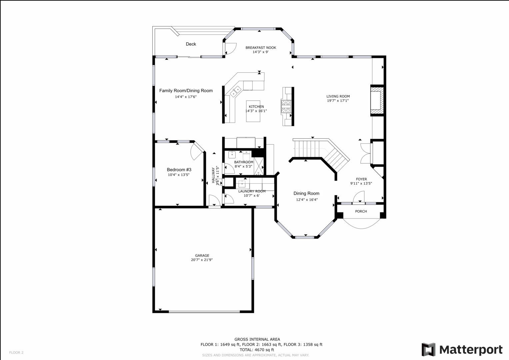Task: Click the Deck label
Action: pyautogui.click(x=191, y=44)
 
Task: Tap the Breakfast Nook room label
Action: pyautogui.click(x=261, y=48)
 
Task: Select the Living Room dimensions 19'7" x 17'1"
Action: pyautogui.click(x=338, y=101)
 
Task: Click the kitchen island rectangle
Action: pyautogui.click(x=253, y=111)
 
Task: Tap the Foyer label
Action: pyautogui.click(x=361, y=179)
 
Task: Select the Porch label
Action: pyautogui.click(x=361, y=211)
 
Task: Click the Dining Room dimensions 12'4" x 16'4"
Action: pyautogui.click(x=307, y=200)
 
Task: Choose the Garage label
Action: pyautogui.click(x=202, y=256)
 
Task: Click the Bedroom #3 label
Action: pyautogui.click(x=179, y=170)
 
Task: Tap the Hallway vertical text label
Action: pyautogui.click(x=213, y=175)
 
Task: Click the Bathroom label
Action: pyautogui.click(x=243, y=162)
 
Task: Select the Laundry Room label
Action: pyautogui.click(x=252, y=191)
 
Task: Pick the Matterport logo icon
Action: pyautogui.click(x=428, y=349)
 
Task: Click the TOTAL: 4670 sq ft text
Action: pyautogui.click(x=256, y=350)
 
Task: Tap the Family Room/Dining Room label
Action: pyautogui.click(x=186, y=91)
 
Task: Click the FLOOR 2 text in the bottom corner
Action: pyautogui.click(x=16, y=352)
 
